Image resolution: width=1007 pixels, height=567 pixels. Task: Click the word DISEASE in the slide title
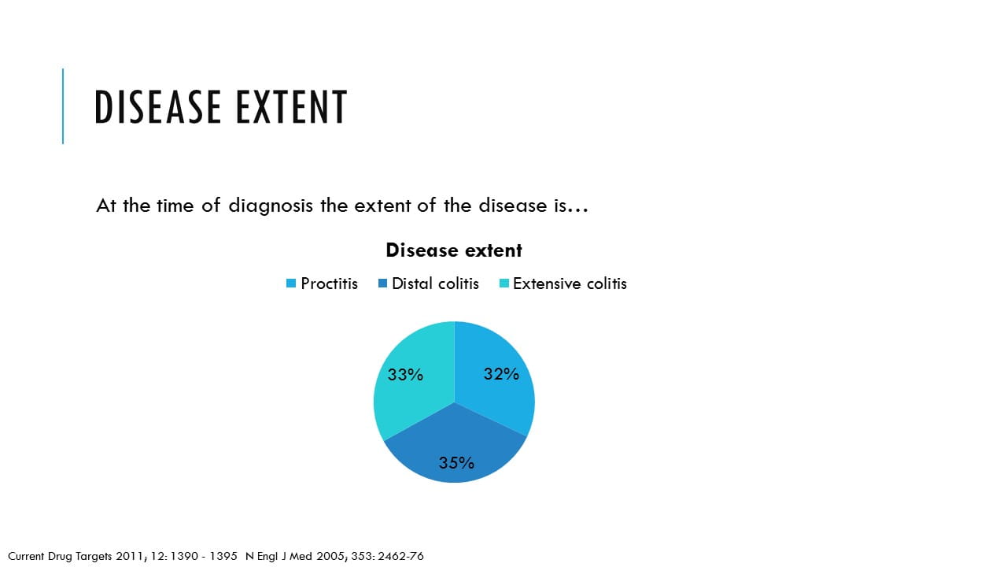point(158,106)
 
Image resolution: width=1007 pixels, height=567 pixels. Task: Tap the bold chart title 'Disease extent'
point(454,250)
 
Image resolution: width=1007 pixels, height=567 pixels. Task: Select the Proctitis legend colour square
point(291,283)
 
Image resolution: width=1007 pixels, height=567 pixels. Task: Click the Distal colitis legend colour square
point(382,283)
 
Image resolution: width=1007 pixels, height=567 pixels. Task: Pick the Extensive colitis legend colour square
point(504,283)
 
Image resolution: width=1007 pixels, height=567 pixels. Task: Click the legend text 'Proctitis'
point(329,283)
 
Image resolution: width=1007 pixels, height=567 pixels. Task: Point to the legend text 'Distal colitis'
point(435,283)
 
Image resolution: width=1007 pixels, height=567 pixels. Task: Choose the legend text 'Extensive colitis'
point(570,283)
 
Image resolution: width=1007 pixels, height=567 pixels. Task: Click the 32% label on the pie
point(501,374)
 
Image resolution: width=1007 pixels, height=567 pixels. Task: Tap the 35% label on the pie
point(456,462)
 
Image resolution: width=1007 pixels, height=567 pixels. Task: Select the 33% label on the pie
point(405,374)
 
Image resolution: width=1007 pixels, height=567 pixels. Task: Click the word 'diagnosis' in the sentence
point(271,206)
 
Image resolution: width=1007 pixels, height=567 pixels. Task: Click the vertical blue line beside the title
point(63,106)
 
